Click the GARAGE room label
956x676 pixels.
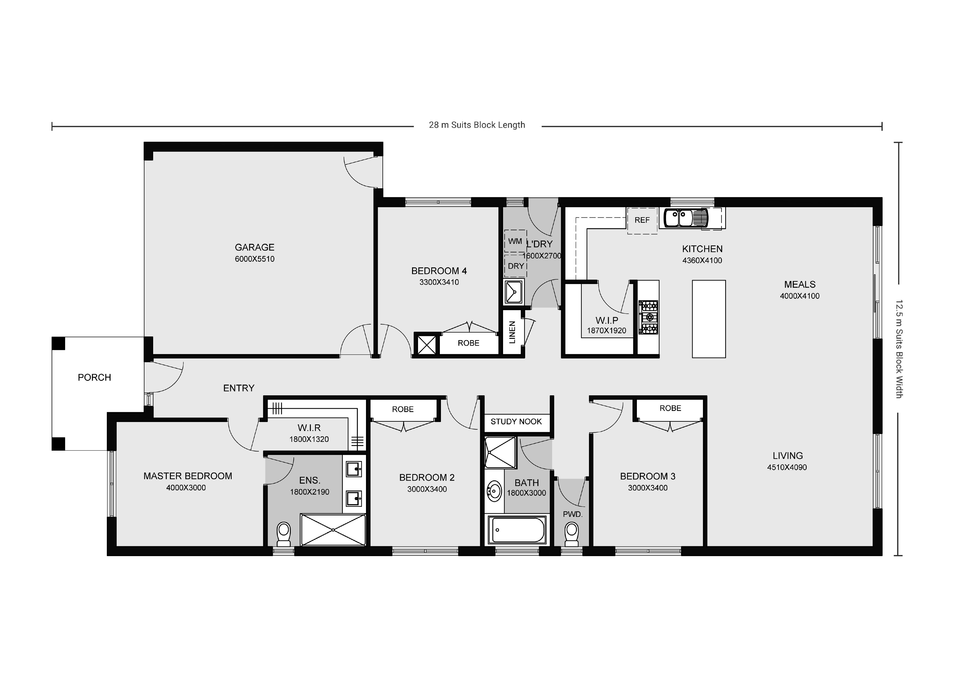tap(255, 247)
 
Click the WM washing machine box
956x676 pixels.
tap(515, 241)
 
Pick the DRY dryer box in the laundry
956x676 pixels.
tap(516, 266)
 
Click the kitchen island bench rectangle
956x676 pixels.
tap(709, 319)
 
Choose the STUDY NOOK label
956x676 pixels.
tap(516, 422)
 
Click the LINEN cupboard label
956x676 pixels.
tap(512, 332)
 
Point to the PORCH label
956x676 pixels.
tap(95, 378)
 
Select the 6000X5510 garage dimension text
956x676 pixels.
tap(255, 259)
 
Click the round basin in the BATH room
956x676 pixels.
tap(495, 491)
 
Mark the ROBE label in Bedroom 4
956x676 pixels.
tap(468, 343)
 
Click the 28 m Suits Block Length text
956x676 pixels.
tap(477, 125)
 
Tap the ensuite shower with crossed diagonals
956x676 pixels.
tap(333, 529)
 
